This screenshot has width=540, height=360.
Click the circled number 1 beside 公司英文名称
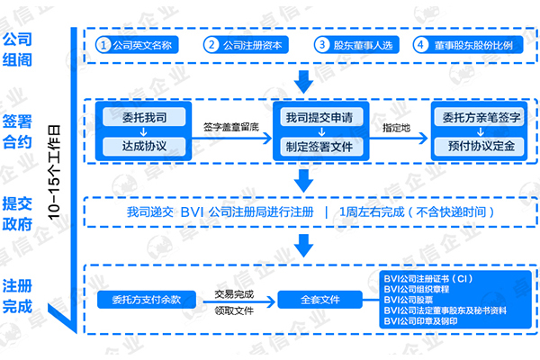105,43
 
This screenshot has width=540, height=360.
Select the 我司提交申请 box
319,118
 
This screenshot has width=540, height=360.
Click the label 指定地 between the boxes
396,128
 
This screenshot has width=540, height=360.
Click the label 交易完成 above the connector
233,293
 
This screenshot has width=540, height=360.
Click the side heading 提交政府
23,213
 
